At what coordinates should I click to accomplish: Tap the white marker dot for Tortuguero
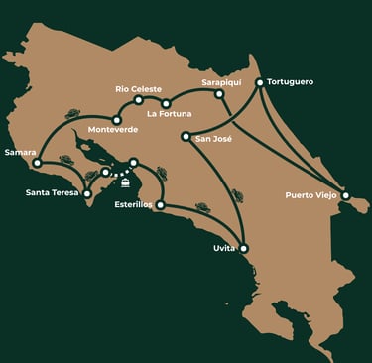click(260, 82)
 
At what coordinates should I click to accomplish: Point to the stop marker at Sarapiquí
click(219, 94)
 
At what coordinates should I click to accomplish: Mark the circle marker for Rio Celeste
click(139, 100)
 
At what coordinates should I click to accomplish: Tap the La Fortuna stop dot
click(166, 103)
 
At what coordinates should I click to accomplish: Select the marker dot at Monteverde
click(116, 119)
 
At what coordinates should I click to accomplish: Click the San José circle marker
click(186, 137)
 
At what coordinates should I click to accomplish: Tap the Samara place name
click(21, 152)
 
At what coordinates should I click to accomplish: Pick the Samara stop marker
click(37, 163)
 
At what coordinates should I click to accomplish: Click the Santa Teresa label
click(52, 191)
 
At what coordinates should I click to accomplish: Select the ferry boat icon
click(126, 181)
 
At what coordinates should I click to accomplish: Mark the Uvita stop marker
click(244, 248)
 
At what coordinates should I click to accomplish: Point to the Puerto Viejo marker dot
click(345, 195)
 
